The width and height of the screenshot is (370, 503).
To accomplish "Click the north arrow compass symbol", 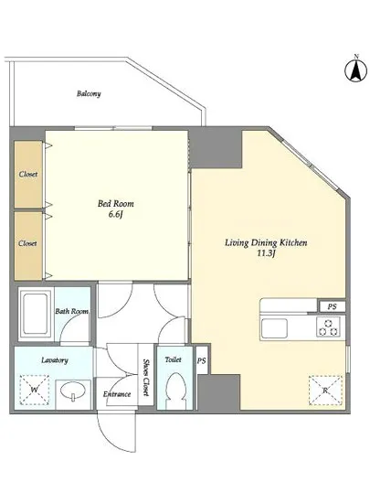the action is click(x=356, y=71).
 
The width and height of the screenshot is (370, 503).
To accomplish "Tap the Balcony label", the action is click(x=89, y=93).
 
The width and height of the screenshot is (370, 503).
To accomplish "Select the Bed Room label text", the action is click(x=116, y=203).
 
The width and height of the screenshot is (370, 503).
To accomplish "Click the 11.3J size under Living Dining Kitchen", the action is click(x=266, y=253).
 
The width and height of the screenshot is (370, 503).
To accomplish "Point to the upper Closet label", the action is click(x=28, y=174).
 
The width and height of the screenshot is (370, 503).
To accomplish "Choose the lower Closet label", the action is click(x=27, y=243).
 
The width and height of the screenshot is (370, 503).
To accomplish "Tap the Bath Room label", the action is click(x=72, y=311).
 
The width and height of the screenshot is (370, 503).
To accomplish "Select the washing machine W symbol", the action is click(x=35, y=390).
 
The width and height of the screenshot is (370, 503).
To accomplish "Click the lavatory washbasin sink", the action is click(x=73, y=392).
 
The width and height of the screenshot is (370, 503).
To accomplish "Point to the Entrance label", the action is click(x=117, y=394).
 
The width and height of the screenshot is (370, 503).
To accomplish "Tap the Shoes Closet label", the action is click(x=146, y=377).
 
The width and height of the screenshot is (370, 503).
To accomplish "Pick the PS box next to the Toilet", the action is click(x=202, y=360).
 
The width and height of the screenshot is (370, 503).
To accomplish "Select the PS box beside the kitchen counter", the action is click(x=333, y=306).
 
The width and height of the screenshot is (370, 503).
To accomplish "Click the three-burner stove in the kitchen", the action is click(x=328, y=326).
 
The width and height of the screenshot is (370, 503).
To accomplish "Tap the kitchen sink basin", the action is click(x=274, y=328).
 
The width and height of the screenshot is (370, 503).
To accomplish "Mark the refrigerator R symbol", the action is click(x=325, y=391).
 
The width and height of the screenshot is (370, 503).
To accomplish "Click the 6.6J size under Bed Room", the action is click(x=116, y=214).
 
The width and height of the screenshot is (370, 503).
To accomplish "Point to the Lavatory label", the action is click(x=55, y=360).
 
